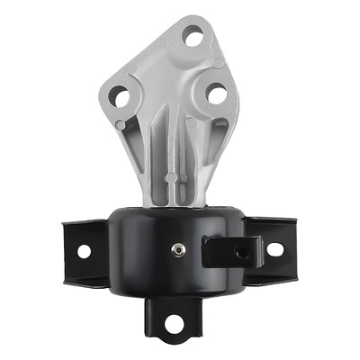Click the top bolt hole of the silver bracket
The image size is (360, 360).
(192, 36)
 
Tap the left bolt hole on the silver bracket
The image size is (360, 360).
(119, 94)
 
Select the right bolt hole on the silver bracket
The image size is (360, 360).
(216, 93)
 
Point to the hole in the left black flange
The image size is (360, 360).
(84, 251)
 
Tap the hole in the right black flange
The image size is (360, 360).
(274, 249)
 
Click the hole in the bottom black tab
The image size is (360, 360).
(173, 321)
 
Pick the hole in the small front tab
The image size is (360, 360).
(242, 254)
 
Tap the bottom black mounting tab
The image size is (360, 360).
(173, 319)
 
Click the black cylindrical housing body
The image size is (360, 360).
(153, 256)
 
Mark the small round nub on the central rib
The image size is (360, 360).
(172, 176)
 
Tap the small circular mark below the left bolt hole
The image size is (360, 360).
(121, 124)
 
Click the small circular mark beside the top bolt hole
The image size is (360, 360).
(218, 62)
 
